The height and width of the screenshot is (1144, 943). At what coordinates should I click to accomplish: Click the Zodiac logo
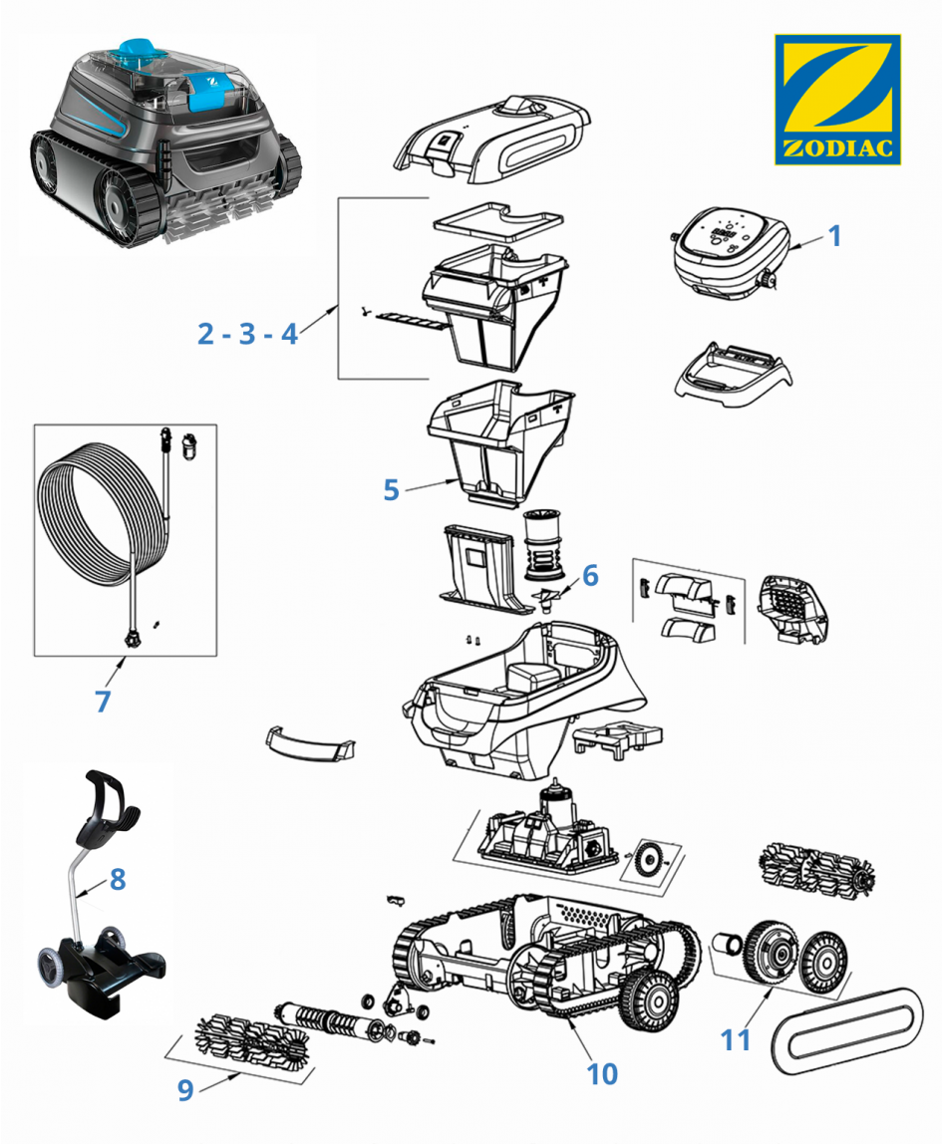837,100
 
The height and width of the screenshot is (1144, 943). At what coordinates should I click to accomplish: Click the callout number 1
835,236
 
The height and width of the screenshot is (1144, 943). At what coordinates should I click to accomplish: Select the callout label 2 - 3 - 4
247,334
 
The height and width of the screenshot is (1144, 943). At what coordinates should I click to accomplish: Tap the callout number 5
391,490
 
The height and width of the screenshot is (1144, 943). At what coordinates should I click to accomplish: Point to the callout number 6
590,575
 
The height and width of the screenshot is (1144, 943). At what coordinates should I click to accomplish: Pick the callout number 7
103,701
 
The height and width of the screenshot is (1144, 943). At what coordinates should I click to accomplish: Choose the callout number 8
118,879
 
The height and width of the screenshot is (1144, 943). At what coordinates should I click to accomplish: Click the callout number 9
185,1090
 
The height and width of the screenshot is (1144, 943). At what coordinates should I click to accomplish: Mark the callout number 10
602,1072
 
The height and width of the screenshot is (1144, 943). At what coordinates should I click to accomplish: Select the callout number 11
736,1039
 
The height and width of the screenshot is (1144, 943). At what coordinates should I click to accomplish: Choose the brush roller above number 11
820,865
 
